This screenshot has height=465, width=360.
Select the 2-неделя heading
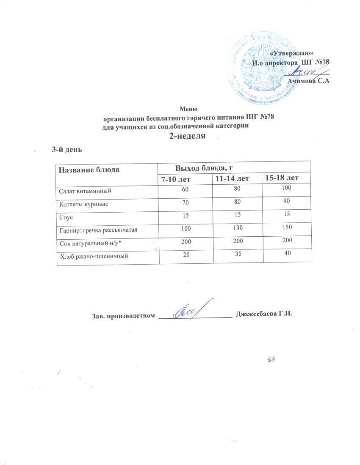pos(187,136)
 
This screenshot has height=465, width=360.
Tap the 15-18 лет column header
pos(282,178)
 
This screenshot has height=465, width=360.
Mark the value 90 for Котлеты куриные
pos(287,202)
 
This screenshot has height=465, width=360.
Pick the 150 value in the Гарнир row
pos(287,228)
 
